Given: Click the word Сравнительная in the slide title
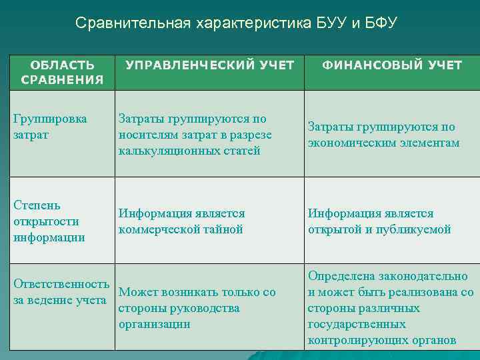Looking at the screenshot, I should point(133,23).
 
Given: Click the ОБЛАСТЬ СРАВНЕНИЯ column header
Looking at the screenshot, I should point(62,73).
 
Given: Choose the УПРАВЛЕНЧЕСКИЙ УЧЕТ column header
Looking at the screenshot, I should point(210,65).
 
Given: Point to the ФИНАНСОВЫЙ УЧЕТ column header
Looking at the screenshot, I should point(392,65).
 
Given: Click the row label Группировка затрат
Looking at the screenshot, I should point(50,127).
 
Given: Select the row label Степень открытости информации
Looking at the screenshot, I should point(49,221).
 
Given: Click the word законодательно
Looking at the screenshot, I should point(424,276).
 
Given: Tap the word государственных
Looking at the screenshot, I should point(356,324).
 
